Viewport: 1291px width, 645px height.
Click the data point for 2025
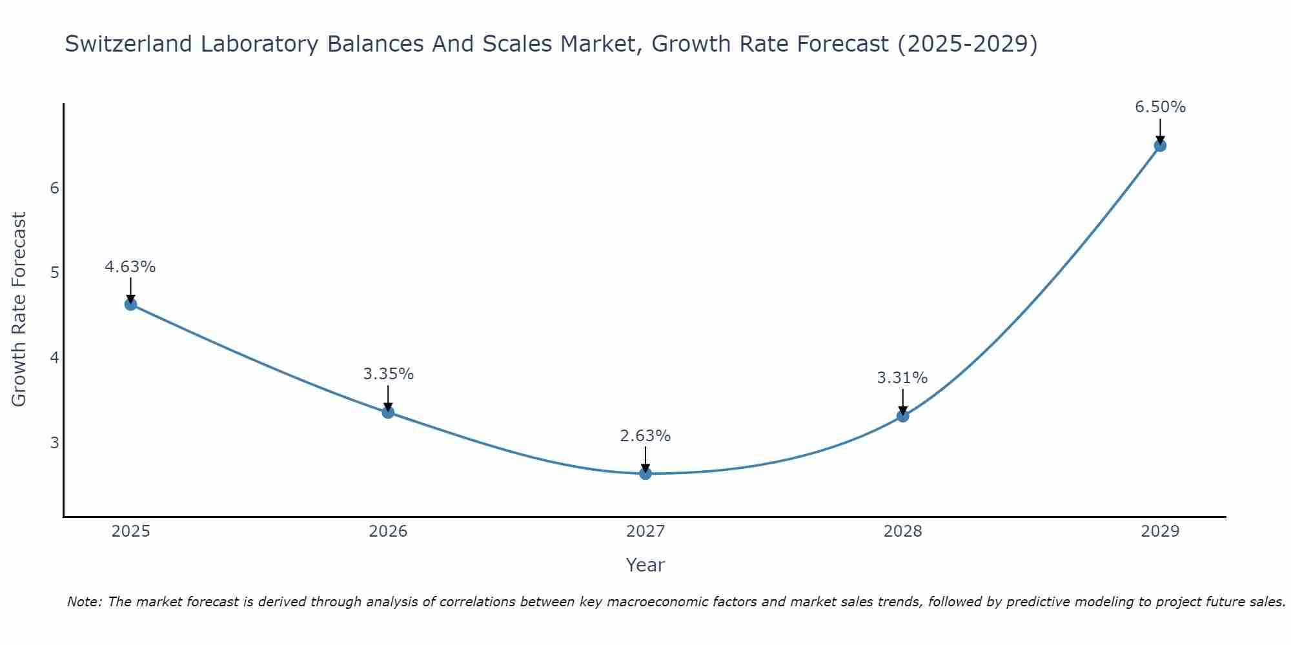coord(130,304)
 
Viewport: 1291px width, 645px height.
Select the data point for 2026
coord(388,412)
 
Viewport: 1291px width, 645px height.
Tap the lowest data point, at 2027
coord(645,473)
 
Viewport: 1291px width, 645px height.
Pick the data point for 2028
coord(902,416)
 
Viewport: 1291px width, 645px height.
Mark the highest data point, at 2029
coord(1160,146)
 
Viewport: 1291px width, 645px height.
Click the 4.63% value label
coord(130,267)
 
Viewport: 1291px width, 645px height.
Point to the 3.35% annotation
coord(388,374)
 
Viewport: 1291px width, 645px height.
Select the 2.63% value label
coord(645,436)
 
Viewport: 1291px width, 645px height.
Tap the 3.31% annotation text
coord(902,378)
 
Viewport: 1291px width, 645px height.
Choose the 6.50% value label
coord(1160,107)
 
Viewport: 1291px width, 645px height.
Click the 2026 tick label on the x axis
coord(388,531)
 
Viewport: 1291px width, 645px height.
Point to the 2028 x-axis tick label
coord(902,531)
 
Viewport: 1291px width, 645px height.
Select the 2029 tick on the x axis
coord(1160,531)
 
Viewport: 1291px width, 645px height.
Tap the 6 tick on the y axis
coord(54,188)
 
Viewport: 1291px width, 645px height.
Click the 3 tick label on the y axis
coord(54,442)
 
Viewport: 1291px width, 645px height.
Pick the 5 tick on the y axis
coord(54,273)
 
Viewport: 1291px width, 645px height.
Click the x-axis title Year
coord(645,565)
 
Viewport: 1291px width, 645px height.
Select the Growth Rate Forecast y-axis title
coord(19,310)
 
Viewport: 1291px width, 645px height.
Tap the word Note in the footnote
coord(83,602)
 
